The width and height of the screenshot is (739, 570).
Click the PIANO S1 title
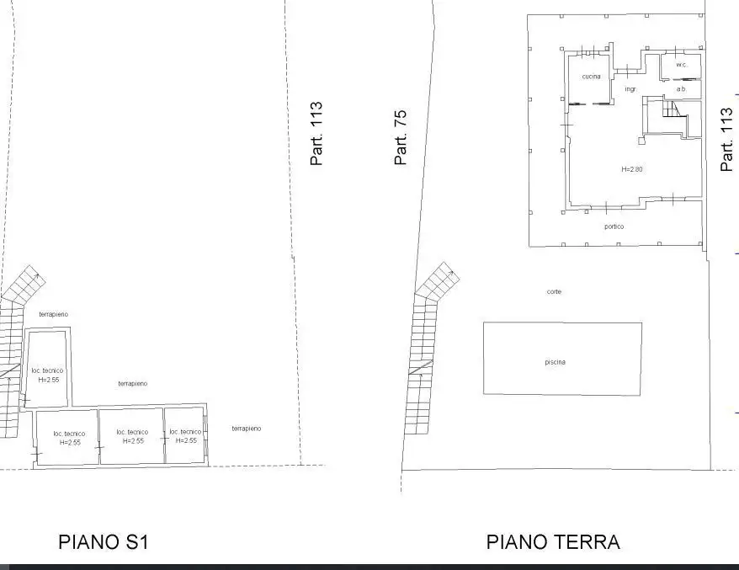coord(103,542)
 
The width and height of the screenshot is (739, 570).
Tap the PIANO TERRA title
coord(553,542)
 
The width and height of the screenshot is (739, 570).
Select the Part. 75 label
coord(401,137)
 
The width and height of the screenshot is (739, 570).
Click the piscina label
coord(555,362)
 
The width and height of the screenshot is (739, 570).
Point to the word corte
coord(553,291)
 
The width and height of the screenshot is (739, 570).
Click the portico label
coord(614,226)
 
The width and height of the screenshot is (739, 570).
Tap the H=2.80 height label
coord(631,169)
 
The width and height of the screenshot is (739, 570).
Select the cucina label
coord(591,77)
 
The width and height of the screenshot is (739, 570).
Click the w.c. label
coord(681,65)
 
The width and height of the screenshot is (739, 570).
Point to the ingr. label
coord(630,88)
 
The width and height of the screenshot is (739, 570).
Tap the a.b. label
coord(681,88)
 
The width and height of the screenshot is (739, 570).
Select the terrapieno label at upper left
coord(53,314)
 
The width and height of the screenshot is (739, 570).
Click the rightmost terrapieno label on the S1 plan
coord(246,429)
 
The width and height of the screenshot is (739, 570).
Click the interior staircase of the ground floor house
coord(673,109)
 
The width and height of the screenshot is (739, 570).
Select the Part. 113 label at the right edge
coord(727,140)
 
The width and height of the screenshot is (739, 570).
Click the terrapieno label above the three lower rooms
coord(133,383)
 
